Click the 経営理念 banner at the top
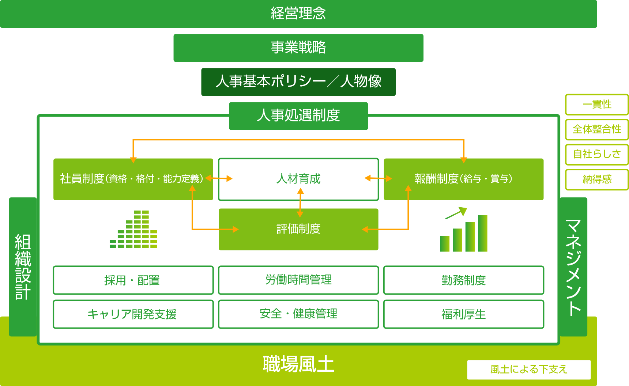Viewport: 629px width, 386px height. pos(298,14)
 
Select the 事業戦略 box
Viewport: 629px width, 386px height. pos(298,48)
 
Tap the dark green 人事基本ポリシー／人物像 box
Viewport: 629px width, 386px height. pos(298,82)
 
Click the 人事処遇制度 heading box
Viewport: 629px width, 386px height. pos(298,116)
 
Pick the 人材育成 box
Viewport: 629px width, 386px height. pos(298,179)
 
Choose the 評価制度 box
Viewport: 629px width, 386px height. pos(298,229)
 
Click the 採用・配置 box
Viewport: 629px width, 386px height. pos(133,280)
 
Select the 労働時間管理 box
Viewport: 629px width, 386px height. pos(298,280)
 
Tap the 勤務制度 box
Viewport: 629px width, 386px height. pos(464,280)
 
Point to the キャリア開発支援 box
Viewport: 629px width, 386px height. pos(133,314)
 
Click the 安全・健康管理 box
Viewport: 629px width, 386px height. pos(298,314)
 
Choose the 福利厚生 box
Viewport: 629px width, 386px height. pos(464,314)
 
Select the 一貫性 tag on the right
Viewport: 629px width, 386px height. pos(597,105)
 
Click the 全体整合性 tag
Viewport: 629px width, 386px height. pos(597,129)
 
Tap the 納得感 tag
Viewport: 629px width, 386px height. pos(597,179)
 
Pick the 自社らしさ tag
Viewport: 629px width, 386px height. pos(597,154)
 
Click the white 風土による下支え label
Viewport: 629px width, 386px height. pos(529,370)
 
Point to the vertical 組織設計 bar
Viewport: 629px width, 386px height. pos(23,267)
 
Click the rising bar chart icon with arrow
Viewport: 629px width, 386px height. pos(464,229)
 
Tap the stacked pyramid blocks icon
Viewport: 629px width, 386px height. pos(133,229)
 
